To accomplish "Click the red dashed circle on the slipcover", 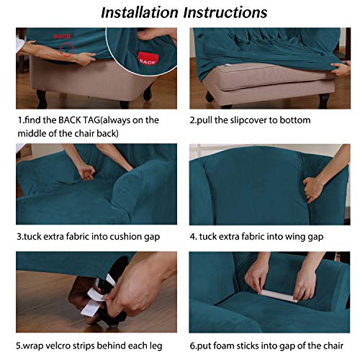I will pos(68,51).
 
